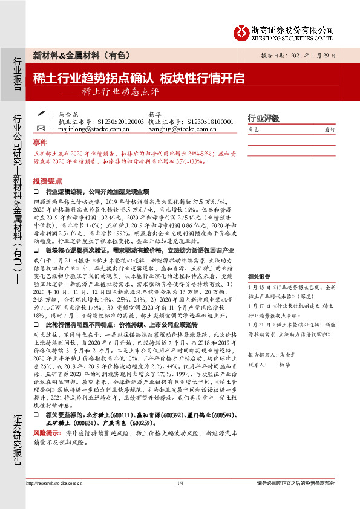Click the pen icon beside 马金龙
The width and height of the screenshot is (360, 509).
pos(41,113)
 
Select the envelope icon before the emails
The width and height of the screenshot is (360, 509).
pos(41,128)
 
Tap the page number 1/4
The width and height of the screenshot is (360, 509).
pos(180,483)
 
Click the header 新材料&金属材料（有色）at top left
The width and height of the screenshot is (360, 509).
pos(81,56)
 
